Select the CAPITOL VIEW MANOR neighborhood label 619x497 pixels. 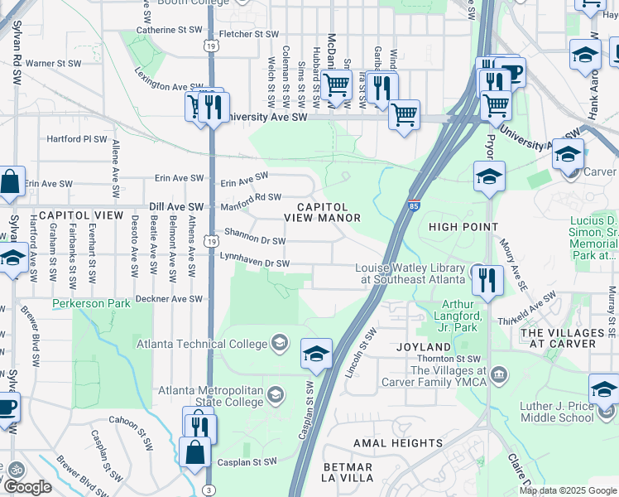point(323,212)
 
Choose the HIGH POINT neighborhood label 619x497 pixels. point(464,226)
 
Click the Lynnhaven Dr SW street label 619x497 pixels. point(254,263)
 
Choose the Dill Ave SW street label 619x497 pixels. point(177,206)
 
